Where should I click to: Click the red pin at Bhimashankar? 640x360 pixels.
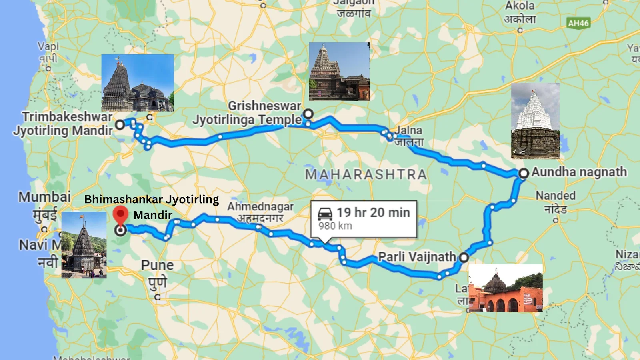pyautogui.click(x=120, y=215)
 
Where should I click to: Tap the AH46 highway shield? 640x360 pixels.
pyautogui.click(x=578, y=23)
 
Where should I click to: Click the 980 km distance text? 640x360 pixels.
pyautogui.click(x=335, y=226)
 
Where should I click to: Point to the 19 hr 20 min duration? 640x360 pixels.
pyautogui.click(x=373, y=212)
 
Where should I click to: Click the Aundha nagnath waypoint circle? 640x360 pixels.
pyautogui.click(x=524, y=173)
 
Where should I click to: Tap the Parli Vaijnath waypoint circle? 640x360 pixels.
pyautogui.click(x=464, y=257)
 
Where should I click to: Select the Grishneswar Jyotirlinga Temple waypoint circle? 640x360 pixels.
pyautogui.click(x=308, y=114)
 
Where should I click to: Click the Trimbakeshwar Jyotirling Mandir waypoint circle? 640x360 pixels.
pyautogui.click(x=120, y=125)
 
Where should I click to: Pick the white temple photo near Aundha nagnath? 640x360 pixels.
pyautogui.click(x=535, y=121)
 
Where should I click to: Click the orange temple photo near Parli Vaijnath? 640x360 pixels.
pyautogui.click(x=505, y=288)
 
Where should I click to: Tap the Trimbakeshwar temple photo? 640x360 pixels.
pyautogui.click(x=137, y=83)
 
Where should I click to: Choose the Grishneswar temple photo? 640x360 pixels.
pyautogui.click(x=339, y=71)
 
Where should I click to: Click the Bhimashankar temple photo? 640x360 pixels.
pyautogui.click(x=84, y=245)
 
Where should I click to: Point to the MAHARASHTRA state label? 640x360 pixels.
pyautogui.click(x=366, y=174)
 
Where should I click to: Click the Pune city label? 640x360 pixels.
pyautogui.click(x=157, y=265)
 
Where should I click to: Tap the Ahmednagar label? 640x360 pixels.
pyautogui.click(x=260, y=207)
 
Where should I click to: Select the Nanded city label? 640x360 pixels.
pyautogui.click(x=555, y=196)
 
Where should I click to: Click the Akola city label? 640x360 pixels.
pyautogui.click(x=520, y=6)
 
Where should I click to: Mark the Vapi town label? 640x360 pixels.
pyautogui.click(x=48, y=46)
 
